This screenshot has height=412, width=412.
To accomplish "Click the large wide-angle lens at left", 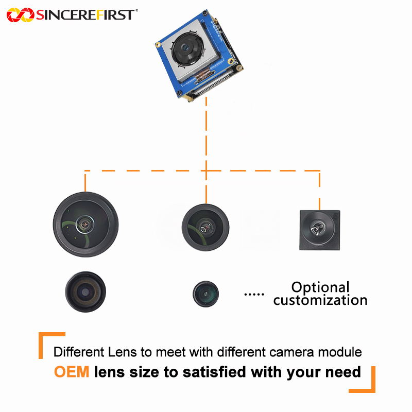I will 85,224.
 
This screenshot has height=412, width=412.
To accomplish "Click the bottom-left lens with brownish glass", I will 85,291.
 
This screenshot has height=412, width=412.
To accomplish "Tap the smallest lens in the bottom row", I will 205,294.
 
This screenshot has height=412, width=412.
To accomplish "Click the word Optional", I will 320,287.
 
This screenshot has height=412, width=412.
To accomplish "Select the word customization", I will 320,300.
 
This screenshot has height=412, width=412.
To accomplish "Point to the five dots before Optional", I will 253,295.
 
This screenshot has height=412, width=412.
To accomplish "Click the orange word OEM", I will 72,372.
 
